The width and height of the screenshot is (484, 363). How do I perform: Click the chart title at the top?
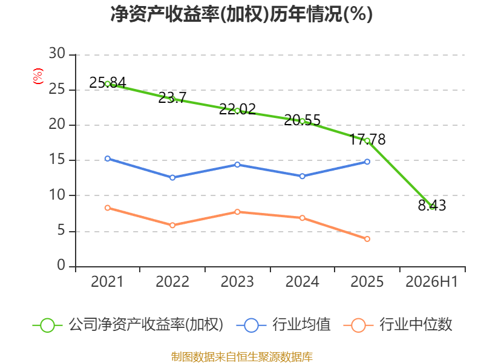point(241,14)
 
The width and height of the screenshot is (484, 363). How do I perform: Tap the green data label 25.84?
point(108,82)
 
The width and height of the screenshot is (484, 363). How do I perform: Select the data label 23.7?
point(172,98)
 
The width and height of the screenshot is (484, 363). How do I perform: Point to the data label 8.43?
point(432,205)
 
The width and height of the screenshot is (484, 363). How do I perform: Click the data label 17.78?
point(367,139)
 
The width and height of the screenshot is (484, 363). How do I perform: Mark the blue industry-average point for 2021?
point(108,159)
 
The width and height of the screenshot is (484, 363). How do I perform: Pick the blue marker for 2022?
point(172,177)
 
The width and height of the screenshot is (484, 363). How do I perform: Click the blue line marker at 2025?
point(367,162)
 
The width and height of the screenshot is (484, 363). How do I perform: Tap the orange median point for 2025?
point(367,239)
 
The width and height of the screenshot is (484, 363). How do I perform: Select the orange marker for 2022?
point(172,225)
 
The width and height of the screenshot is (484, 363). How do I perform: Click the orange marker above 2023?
point(237,212)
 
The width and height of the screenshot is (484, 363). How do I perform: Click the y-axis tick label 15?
point(57,160)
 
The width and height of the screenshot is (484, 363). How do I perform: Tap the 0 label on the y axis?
point(61,265)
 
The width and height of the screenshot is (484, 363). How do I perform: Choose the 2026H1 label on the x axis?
point(431,282)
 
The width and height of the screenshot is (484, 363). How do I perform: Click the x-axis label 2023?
point(237,282)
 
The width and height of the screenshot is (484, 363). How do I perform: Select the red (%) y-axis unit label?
point(38,76)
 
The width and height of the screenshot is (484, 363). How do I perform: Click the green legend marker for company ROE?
point(48,325)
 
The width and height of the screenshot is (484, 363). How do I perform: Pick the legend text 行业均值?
point(301,325)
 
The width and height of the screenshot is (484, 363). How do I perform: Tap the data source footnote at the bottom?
point(242,357)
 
